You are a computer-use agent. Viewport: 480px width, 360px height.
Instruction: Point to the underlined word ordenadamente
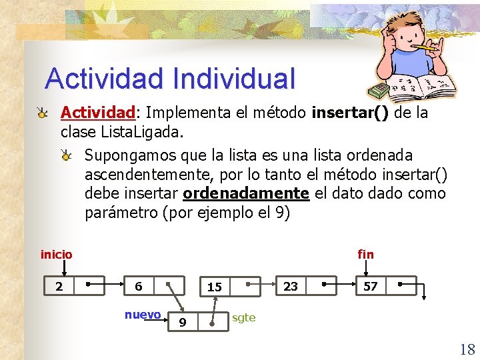pos(246,193)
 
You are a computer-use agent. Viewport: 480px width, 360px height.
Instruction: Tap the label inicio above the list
pos(57,254)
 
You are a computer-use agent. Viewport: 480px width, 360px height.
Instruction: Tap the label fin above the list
pos(365,254)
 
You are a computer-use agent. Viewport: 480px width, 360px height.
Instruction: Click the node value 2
pos(59,287)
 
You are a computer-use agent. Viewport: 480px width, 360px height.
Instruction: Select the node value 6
pos(138,287)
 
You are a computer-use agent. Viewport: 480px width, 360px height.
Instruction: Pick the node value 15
pos(214,287)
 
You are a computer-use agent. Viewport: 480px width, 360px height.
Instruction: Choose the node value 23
pos(291,286)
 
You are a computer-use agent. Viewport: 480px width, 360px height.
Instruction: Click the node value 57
pos(370,287)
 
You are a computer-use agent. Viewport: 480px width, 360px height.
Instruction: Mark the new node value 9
pos(183,323)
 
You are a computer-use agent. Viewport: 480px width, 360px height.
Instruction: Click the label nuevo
pos(142,315)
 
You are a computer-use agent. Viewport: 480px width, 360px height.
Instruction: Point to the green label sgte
pos(243,317)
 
